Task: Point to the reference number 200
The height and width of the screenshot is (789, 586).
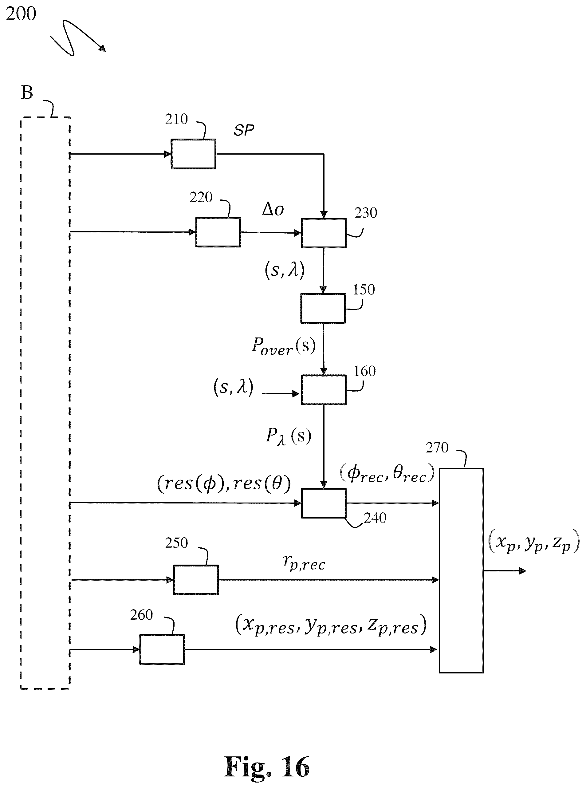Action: coord(21,14)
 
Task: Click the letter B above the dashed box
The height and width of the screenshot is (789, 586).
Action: coord(27,93)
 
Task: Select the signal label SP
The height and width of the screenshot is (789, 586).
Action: coord(244,131)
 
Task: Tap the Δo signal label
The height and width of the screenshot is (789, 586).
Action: coord(273,209)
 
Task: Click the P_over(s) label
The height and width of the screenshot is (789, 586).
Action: coord(284,346)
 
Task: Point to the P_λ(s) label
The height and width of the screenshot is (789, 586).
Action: coord(288,436)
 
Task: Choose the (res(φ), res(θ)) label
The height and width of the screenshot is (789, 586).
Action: coord(224,483)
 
